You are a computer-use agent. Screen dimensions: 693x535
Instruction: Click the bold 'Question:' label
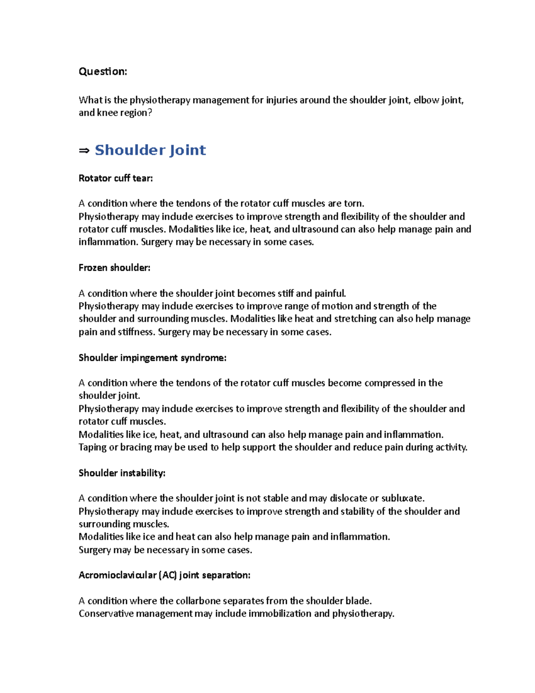[103, 71]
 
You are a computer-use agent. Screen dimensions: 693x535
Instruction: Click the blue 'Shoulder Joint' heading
[150, 150]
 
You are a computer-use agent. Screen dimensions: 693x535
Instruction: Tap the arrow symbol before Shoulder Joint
[84, 151]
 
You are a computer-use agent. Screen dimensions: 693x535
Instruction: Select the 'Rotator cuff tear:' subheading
[115, 178]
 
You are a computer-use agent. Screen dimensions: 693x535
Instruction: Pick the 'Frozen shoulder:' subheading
[114, 268]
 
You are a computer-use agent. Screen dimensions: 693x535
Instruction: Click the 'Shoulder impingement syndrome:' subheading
[152, 358]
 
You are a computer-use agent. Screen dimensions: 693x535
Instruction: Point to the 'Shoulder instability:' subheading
[122, 473]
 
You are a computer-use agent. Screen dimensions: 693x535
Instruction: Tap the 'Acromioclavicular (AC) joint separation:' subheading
[164, 575]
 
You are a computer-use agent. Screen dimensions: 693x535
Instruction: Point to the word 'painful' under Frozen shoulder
[330, 294]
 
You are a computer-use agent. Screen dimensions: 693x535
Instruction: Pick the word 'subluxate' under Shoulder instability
[402, 498]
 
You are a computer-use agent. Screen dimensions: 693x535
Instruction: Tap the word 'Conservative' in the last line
[106, 614]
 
